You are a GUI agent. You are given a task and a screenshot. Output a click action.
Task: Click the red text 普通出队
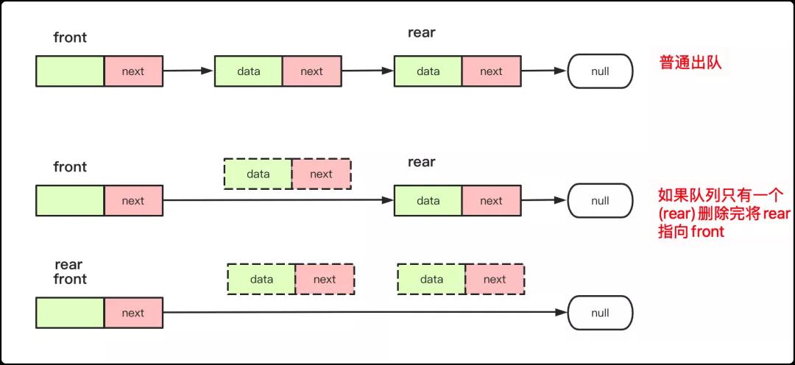click(x=690, y=63)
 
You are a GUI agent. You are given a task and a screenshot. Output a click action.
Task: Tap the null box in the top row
click(x=601, y=71)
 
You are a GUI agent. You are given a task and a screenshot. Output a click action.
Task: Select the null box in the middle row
click(x=601, y=201)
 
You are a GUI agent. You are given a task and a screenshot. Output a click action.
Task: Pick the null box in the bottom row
click(x=601, y=313)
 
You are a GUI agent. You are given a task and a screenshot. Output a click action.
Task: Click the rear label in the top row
click(x=421, y=33)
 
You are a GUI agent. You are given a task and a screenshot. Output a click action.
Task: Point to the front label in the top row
click(x=70, y=38)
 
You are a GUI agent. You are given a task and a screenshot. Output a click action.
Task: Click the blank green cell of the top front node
click(x=70, y=71)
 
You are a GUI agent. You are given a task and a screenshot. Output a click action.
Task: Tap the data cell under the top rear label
click(x=428, y=71)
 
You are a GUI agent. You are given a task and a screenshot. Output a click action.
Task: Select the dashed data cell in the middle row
click(x=258, y=174)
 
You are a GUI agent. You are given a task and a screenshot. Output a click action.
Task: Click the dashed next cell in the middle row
click(x=321, y=174)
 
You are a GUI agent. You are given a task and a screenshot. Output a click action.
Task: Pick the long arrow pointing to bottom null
click(x=364, y=312)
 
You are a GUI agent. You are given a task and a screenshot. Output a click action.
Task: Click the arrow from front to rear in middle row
click(x=278, y=200)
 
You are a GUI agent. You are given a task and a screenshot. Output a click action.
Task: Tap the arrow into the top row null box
click(x=543, y=71)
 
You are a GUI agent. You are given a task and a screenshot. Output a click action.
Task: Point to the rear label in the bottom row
click(x=68, y=265)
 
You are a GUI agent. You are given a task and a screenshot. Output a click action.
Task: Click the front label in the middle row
click(x=70, y=167)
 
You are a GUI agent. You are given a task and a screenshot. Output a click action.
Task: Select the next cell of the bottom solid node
click(x=133, y=313)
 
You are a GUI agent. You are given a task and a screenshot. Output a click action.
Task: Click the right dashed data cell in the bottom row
click(x=431, y=279)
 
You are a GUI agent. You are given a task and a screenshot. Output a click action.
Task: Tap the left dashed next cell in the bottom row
click(x=325, y=279)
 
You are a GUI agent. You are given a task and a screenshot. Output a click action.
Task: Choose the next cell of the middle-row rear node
click(x=491, y=201)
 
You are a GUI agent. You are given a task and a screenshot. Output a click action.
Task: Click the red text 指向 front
click(x=691, y=233)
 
